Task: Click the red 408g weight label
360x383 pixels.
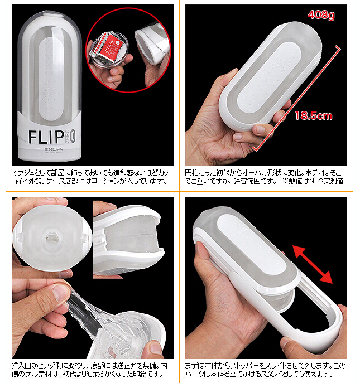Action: click(x=321, y=15)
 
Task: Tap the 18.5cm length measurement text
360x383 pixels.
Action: click(x=313, y=115)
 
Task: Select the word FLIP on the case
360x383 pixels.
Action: click(x=46, y=137)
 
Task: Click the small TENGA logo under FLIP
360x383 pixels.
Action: click(x=54, y=149)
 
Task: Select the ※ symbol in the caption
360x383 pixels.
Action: click(x=285, y=181)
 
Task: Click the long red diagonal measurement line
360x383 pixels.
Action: click(x=296, y=98)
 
